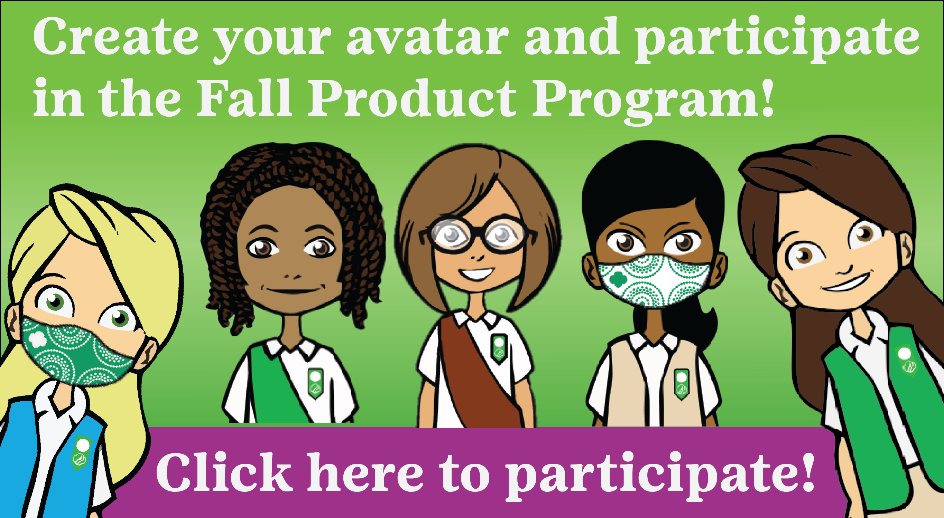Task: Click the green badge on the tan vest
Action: pos(681,384)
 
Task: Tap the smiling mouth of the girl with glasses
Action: pos(476,273)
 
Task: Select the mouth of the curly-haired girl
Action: pos(293,290)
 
